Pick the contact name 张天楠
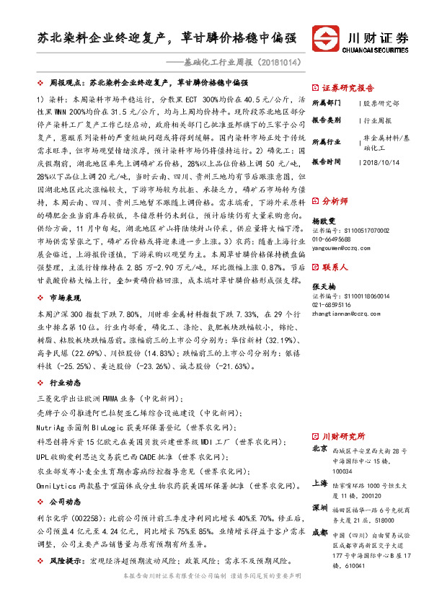[324, 286]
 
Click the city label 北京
[319, 449]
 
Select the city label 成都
[319, 533]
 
